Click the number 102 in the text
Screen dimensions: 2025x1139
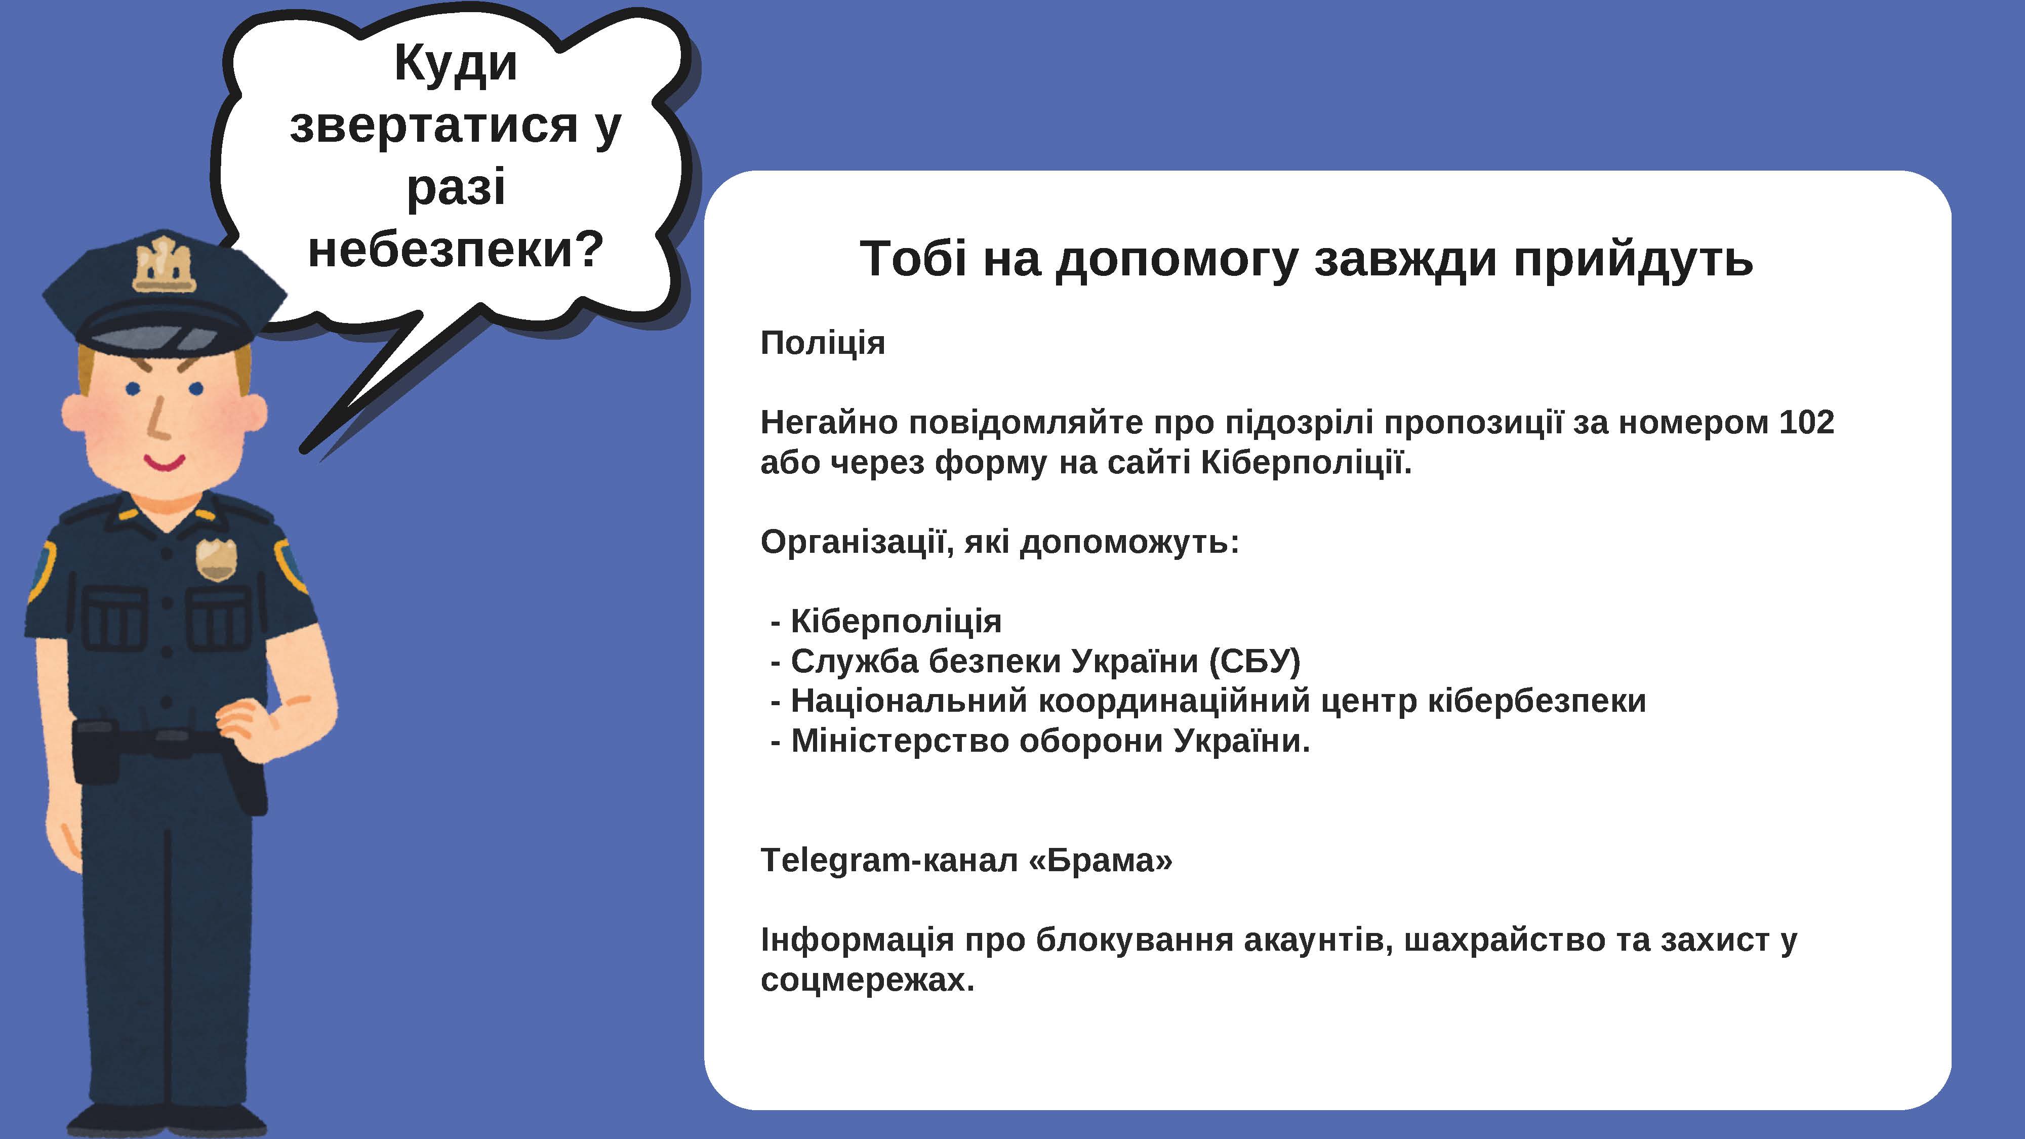(1806, 423)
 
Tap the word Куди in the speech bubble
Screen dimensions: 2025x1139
(456, 63)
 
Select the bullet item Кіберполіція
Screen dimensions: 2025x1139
(896, 622)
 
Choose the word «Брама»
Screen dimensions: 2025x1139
(1101, 861)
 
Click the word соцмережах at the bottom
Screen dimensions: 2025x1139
(868, 980)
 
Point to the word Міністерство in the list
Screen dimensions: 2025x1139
(900, 741)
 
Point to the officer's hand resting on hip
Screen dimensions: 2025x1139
(250, 727)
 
